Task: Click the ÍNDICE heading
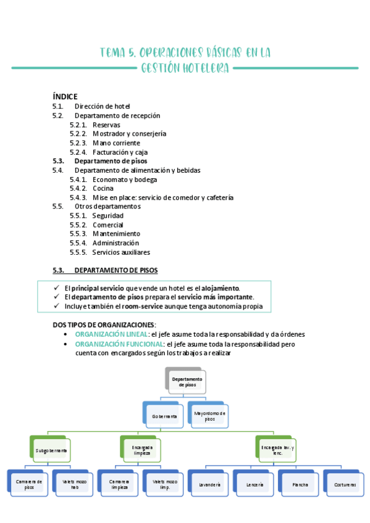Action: point(65,96)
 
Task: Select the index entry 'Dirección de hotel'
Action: point(102,106)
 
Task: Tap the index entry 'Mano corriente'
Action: point(117,142)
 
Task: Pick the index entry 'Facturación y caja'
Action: point(120,152)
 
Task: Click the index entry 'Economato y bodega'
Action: point(124,179)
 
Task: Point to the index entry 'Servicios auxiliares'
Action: point(121,252)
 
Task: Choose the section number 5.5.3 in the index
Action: point(78,234)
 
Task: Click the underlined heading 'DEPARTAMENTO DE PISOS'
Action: point(116,270)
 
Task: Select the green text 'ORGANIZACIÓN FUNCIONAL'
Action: point(119,344)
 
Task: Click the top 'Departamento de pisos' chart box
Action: point(187,381)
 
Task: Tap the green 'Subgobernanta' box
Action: point(51,450)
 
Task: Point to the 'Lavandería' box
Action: point(210,485)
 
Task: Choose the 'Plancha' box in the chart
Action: point(301,485)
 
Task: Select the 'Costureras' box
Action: point(345,485)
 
